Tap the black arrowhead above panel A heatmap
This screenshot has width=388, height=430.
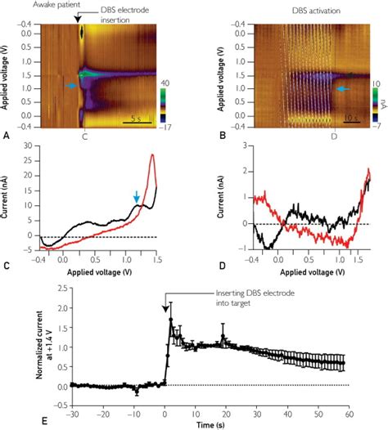[x=79, y=18]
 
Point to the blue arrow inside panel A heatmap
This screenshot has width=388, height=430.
[x=72, y=85]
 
